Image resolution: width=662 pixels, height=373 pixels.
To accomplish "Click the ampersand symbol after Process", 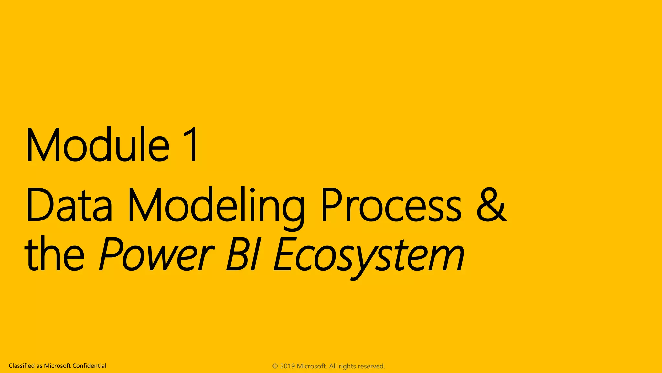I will click(x=491, y=205).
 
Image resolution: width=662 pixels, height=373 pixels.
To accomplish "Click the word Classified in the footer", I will click(x=22, y=366).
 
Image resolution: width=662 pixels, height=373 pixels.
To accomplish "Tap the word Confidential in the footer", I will click(x=89, y=366).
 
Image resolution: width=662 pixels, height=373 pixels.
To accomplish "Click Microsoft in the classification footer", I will click(x=57, y=366).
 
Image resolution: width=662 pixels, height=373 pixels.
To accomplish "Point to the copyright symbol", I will click(x=275, y=366).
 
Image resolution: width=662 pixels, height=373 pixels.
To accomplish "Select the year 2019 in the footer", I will click(x=287, y=366).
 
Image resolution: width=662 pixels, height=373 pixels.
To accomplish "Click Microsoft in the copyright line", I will click(x=312, y=366).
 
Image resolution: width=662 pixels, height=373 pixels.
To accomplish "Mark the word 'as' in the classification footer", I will click(x=39, y=366).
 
